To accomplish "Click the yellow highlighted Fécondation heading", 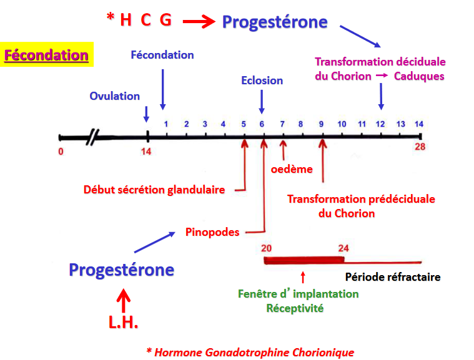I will click(46, 55).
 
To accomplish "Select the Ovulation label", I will click(114, 96).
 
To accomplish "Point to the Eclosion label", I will click(262, 80).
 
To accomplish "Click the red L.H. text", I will click(123, 323).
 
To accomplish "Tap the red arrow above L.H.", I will click(123, 298).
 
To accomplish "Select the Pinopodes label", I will click(212, 232).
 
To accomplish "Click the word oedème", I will click(292, 168).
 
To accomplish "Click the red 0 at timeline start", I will click(61, 151).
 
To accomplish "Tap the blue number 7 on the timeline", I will click(282, 124).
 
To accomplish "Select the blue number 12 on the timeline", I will click(380, 124).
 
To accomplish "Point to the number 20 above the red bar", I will click(266, 247).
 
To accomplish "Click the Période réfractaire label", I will click(393, 277).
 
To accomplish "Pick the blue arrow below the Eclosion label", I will click(262, 101).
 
